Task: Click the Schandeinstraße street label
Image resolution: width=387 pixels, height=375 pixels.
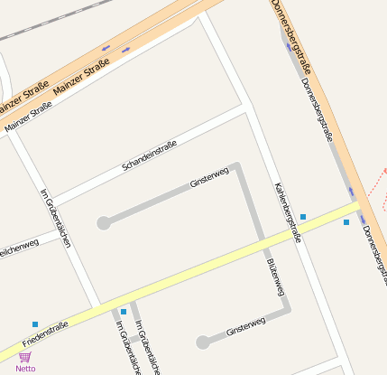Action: click(x=150, y=156)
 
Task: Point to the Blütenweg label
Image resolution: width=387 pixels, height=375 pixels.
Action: click(x=276, y=276)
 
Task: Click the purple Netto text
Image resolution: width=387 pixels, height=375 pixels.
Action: click(x=25, y=369)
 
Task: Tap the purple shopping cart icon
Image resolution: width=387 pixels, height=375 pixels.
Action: click(x=25, y=357)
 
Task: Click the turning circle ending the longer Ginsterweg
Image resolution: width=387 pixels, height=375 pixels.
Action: click(x=104, y=223)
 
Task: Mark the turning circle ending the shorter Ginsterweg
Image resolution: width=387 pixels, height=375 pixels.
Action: click(x=203, y=342)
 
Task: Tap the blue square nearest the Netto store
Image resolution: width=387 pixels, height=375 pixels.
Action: click(x=35, y=324)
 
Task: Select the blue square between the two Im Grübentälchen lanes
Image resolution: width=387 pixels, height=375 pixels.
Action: click(x=124, y=312)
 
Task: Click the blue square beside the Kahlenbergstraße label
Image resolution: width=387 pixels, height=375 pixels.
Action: click(x=303, y=217)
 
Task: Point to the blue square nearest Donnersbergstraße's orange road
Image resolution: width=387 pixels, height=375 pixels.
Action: click(x=346, y=222)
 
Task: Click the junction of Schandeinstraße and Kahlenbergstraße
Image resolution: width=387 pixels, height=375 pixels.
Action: click(x=245, y=108)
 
